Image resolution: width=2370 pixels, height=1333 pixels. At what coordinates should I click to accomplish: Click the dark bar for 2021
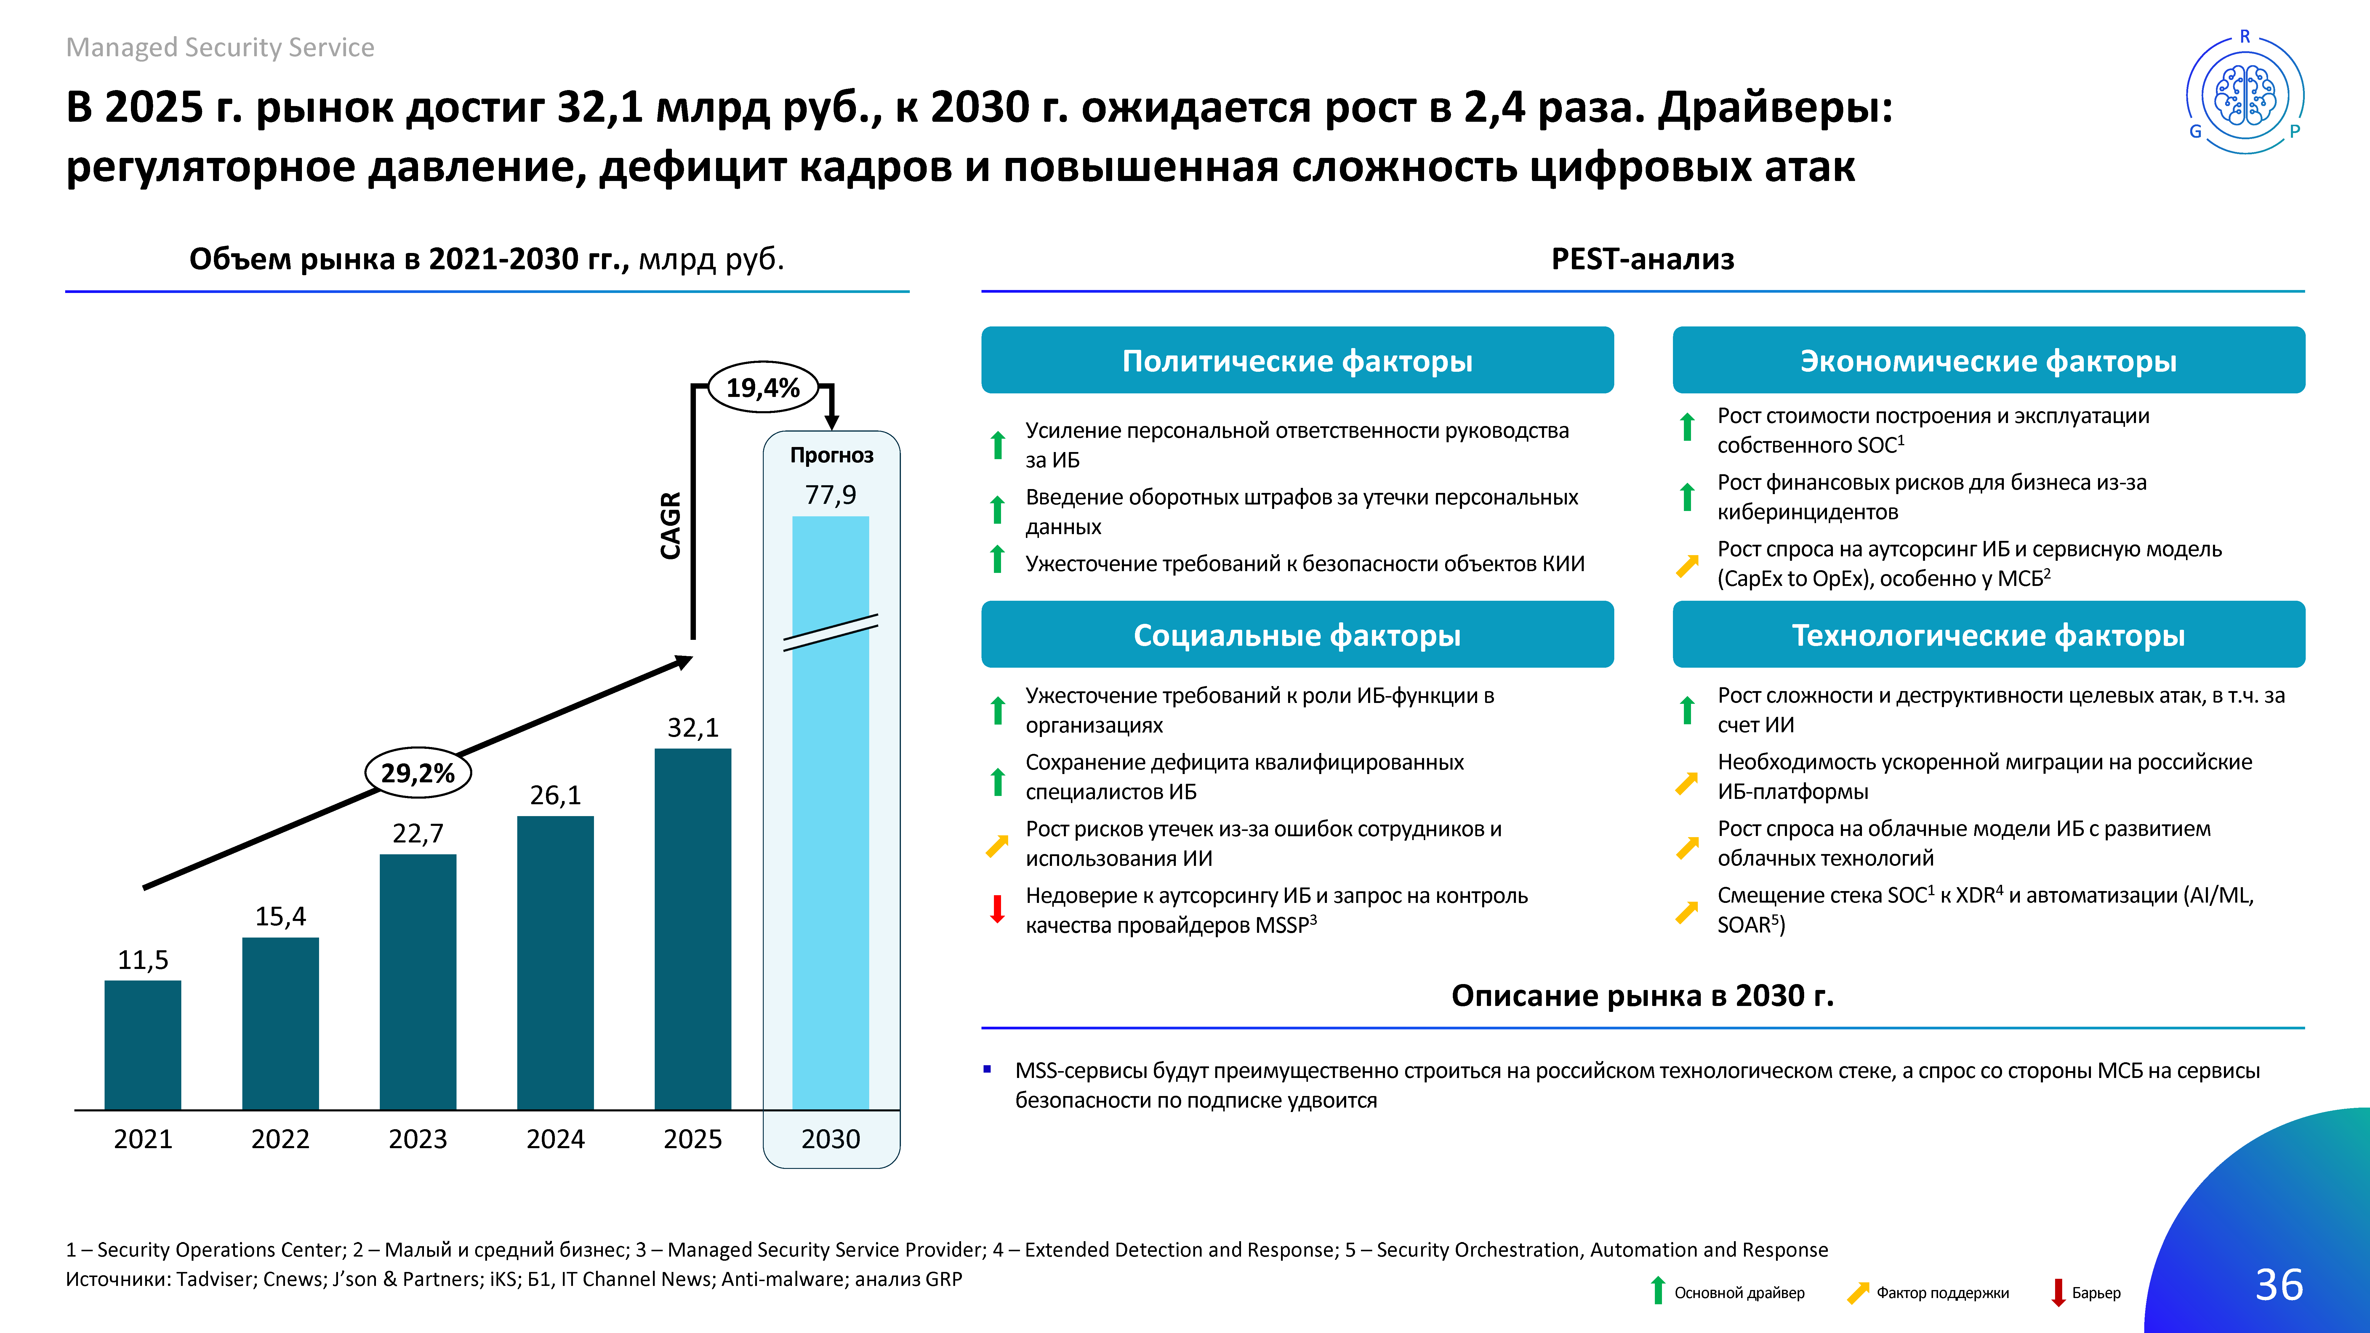pyautogui.click(x=142, y=1045)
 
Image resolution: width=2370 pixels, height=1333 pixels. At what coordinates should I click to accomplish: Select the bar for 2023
pyautogui.click(x=418, y=982)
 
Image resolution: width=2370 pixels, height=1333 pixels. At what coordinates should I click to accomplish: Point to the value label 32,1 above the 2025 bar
pyautogui.click(x=693, y=728)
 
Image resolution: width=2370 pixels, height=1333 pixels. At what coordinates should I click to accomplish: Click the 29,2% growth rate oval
pyautogui.click(x=418, y=773)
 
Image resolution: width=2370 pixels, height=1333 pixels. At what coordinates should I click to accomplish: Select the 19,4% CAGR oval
pyautogui.click(x=763, y=387)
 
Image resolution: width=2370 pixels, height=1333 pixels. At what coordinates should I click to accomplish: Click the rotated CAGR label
pyautogui.click(x=671, y=525)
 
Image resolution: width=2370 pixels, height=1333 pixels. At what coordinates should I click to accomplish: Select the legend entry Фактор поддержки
pyautogui.click(x=1927, y=1292)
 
